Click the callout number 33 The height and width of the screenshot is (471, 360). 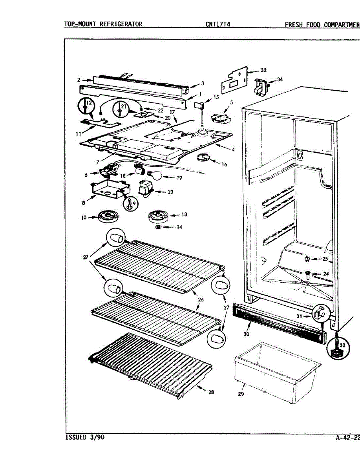(x=263, y=71)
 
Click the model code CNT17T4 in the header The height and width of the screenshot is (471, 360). (x=217, y=24)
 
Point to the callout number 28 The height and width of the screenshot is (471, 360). (x=211, y=392)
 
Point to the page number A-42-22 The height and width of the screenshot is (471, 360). (x=348, y=437)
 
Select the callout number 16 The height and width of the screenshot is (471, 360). (x=224, y=164)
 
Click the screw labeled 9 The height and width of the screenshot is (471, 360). (x=130, y=204)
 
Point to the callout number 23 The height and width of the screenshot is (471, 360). (x=170, y=192)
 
